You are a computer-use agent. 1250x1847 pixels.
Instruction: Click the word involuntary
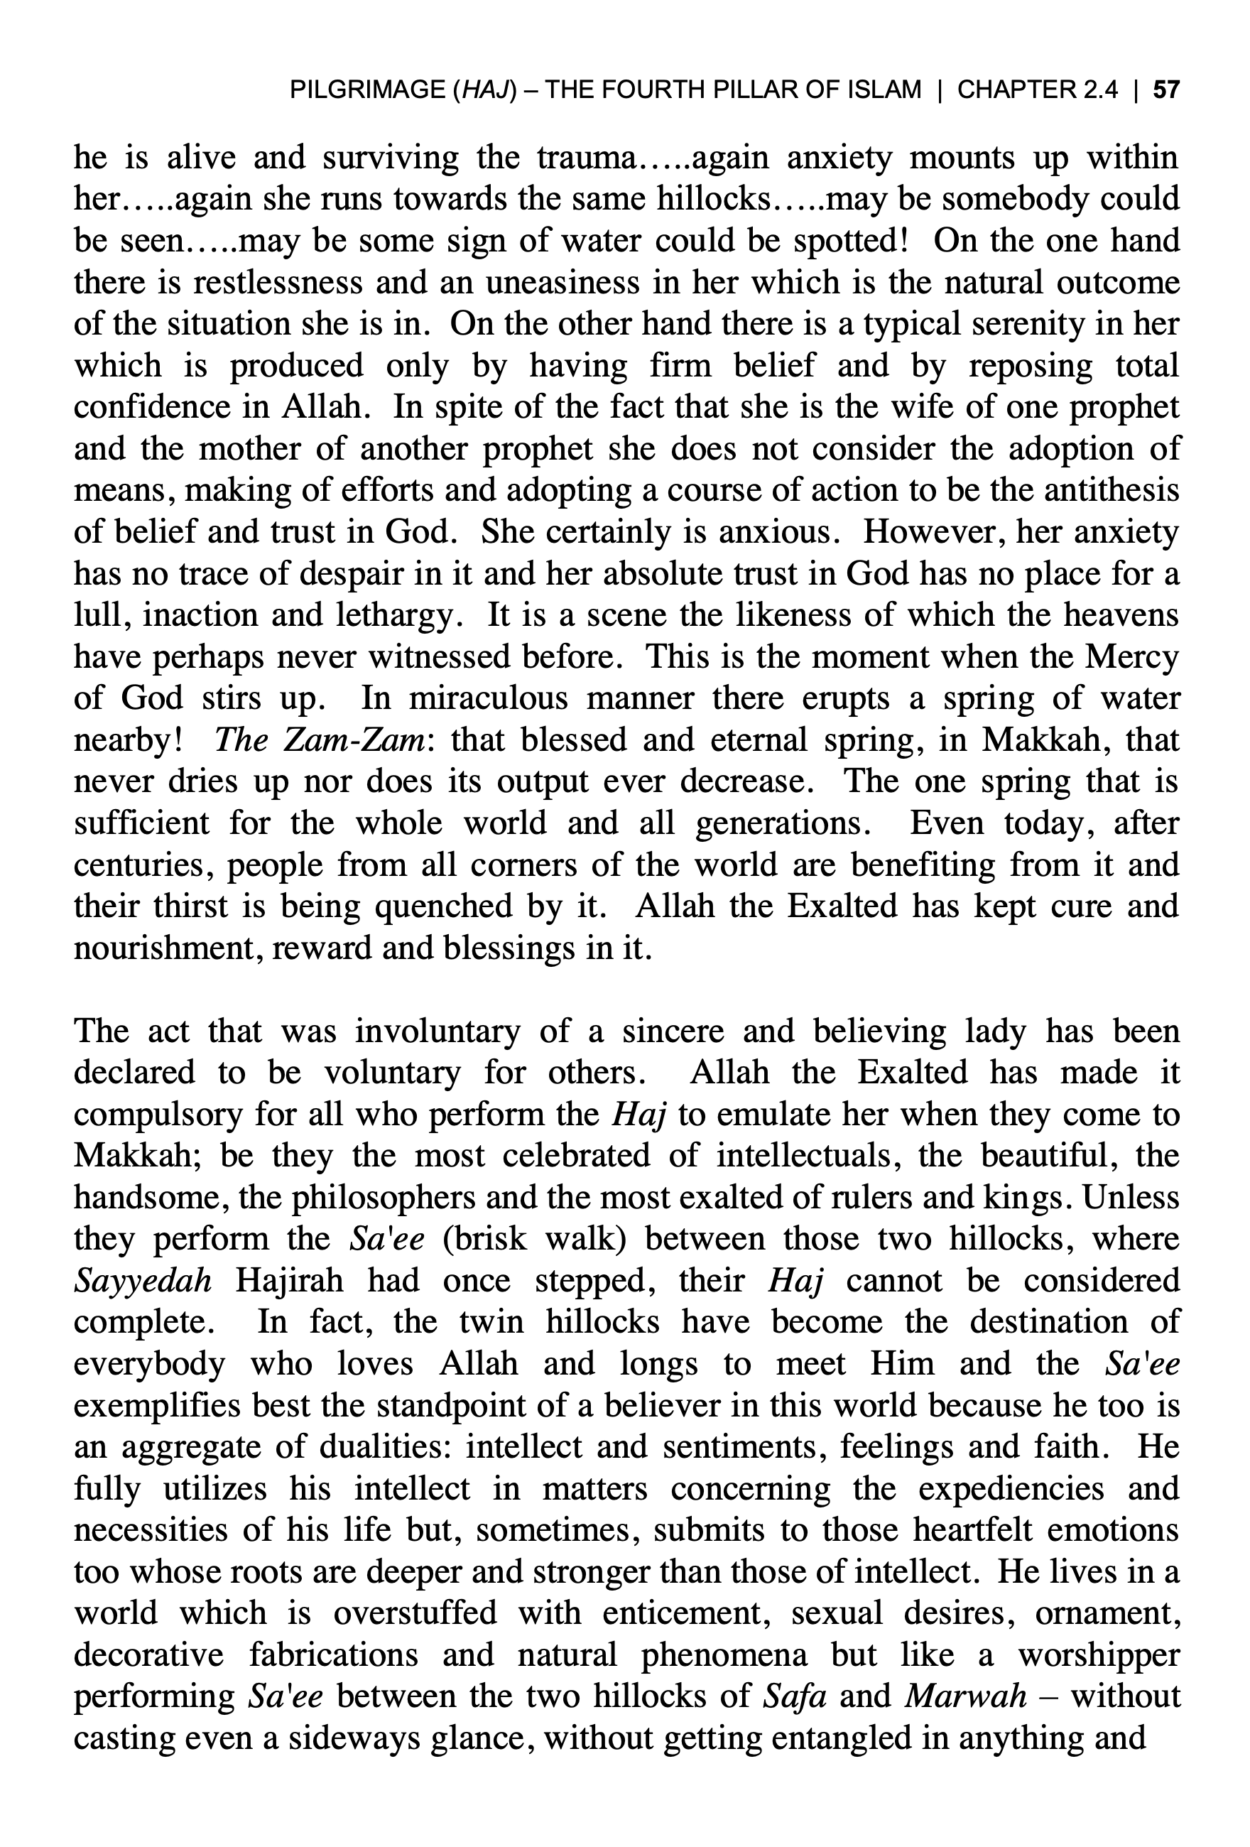coord(437,1031)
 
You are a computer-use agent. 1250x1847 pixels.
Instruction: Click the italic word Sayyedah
coord(143,1281)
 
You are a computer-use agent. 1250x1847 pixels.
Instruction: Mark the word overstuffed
coord(414,1613)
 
